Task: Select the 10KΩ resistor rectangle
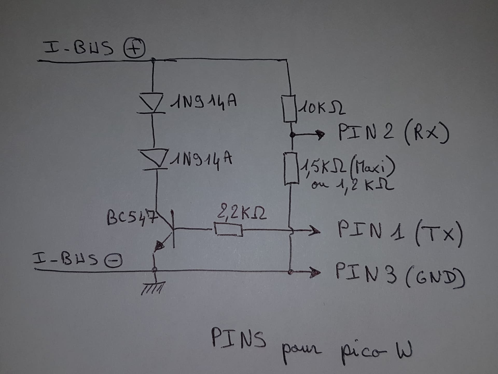(289, 109)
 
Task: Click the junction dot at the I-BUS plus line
(153, 60)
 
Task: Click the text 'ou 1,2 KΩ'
(353, 185)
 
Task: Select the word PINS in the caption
(239, 338)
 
